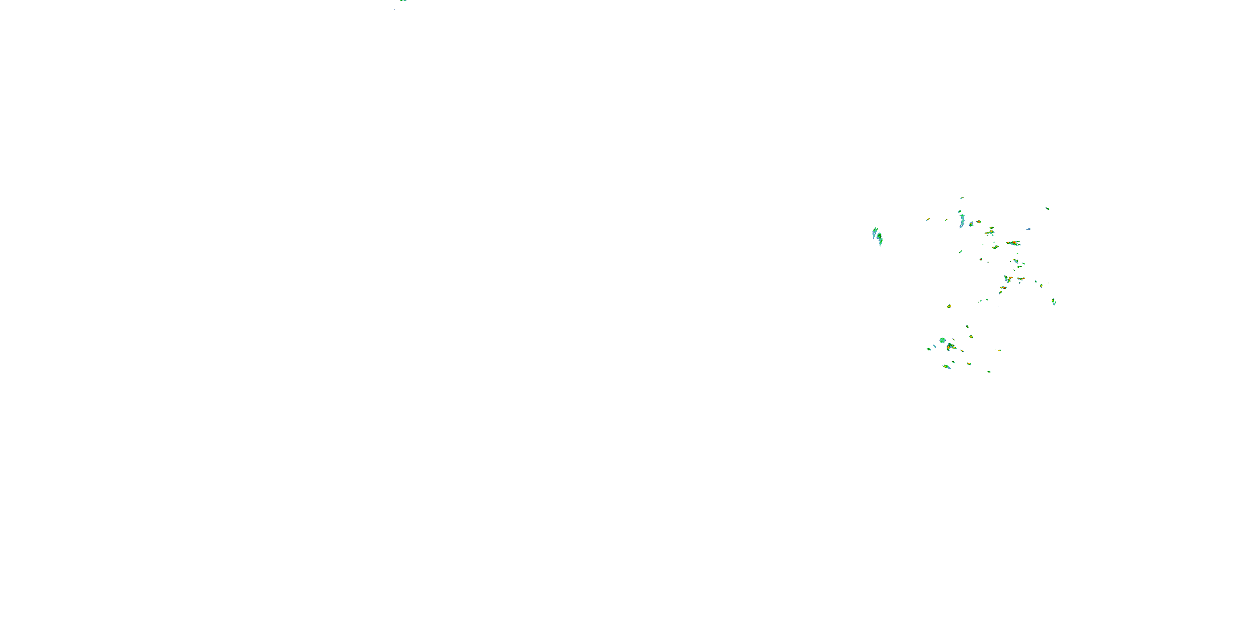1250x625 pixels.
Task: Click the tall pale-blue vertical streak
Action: tap(962, 221)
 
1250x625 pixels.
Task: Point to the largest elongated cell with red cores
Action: tap(1014, 243)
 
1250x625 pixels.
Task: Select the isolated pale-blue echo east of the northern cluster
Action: tap(1029, 229)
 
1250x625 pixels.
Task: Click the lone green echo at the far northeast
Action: tap(1047, 209)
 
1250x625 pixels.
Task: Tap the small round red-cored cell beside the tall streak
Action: tap(979, 222)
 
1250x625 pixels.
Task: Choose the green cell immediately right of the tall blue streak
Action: tap(972, 224)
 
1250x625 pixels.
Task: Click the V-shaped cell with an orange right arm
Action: tap(1008, 280)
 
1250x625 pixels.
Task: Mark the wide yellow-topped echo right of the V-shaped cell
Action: tap(1021, 279)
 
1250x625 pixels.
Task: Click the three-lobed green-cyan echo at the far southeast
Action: tap(1054, 302)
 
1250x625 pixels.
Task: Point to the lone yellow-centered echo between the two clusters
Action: tap(949, 306)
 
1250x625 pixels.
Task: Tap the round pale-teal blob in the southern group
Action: tap(942, 341)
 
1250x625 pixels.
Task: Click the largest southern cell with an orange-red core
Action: tap(950, 347)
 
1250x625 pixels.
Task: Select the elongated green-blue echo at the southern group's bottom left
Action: tap(947, 367)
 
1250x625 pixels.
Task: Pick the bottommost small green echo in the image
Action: tap(989, 372)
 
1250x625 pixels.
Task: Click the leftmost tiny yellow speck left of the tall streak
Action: tap(928, 219)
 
